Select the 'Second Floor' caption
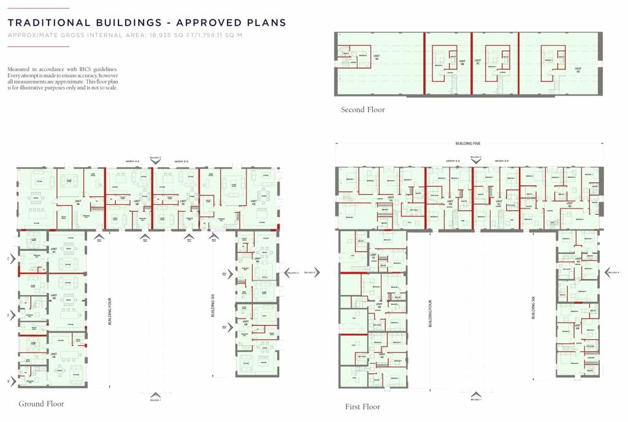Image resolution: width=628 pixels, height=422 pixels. (x=363, y=110)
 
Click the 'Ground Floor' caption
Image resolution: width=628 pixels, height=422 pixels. (x=41, y=404)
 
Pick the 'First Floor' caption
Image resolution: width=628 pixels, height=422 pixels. (x=362, y=407)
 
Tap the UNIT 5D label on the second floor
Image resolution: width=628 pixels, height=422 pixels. (x=578, y=70)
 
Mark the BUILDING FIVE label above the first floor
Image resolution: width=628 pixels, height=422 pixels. (x=468, y=143)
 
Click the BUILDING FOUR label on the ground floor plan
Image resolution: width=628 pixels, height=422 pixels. (x=110, y=311)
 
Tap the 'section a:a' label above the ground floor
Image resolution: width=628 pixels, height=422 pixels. (x=132, y=161)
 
